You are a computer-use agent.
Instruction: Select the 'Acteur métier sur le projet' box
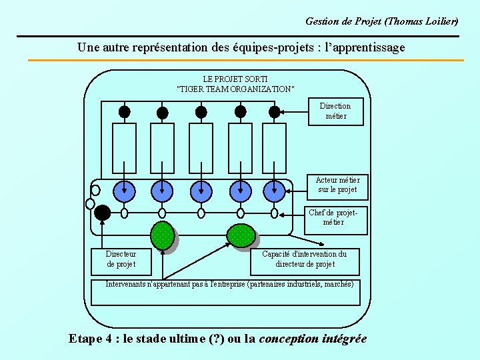click(x=337, y=185)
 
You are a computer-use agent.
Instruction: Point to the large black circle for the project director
click(x=102, y=213)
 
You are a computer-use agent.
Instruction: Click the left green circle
click(x=162, y=235)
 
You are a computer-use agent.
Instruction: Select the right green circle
click(x=241, y=235)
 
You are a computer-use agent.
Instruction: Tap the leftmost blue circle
click(x=124, y=191)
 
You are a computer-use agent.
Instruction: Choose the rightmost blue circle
click(x=274, y=191)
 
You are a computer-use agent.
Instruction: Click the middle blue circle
click(x=201, y=191)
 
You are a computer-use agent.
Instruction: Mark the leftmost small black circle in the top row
click(x=124, y=112)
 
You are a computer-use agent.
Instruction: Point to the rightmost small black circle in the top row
click(x=274, y=112)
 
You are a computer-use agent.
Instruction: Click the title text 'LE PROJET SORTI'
click(x=235, y=79)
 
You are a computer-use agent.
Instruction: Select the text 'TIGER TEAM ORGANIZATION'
click(x=235, y=89)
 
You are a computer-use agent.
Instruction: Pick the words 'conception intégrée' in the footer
click(x=313, y=339)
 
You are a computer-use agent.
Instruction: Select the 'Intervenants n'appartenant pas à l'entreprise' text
click(x=175, y=285)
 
